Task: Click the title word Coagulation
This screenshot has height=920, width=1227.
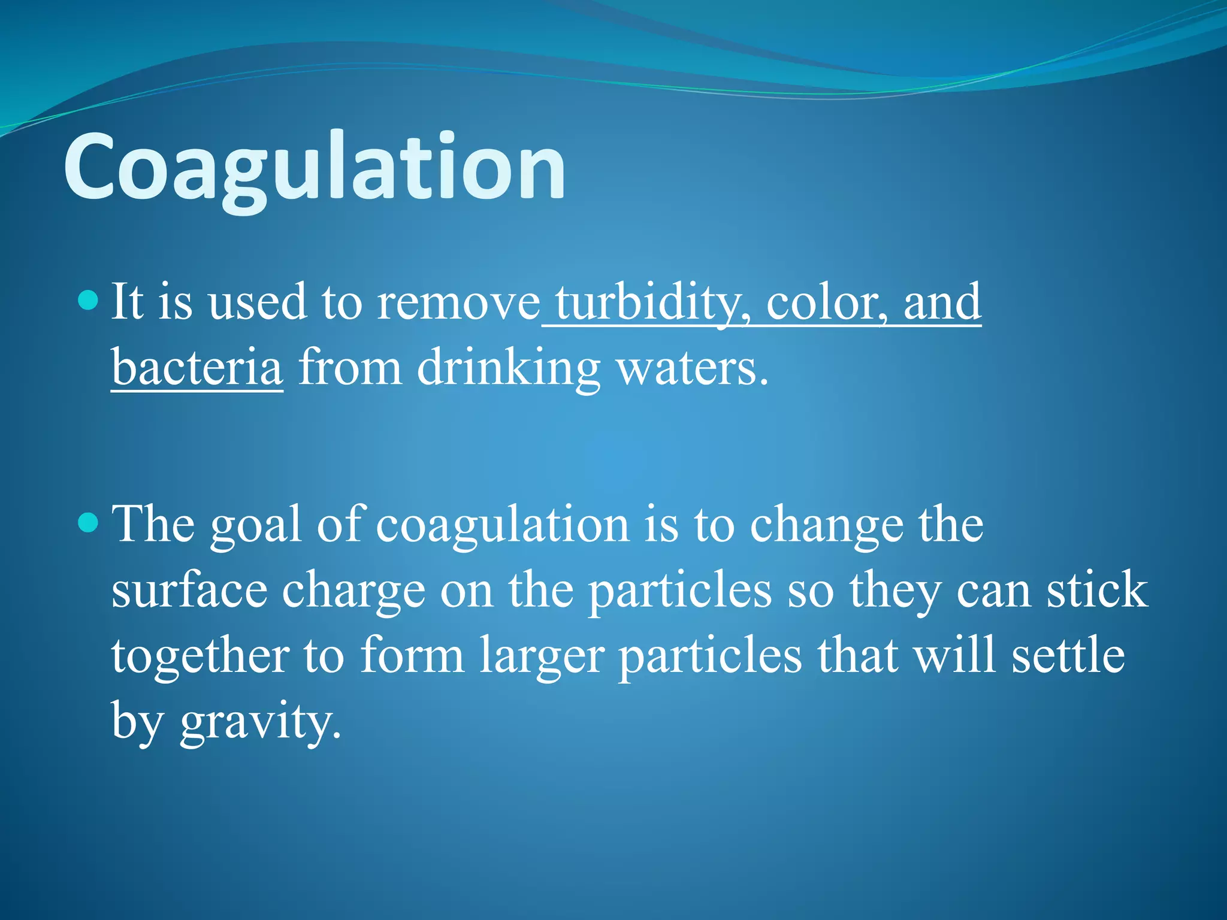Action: point(314,168)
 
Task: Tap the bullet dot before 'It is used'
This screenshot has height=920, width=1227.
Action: point(88,299)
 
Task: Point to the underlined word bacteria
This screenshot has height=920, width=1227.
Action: point(197,368)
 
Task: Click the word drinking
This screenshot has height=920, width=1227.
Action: point(508,368)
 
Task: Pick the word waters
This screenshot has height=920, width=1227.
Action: point(692,368)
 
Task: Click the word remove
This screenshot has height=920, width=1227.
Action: point(458,303)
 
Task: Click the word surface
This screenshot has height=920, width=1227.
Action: point(189,591)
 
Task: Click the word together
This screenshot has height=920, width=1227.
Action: point(200,656)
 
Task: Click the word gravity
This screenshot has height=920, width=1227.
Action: point(260,722)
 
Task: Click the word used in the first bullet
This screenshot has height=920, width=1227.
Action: point(257,303)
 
